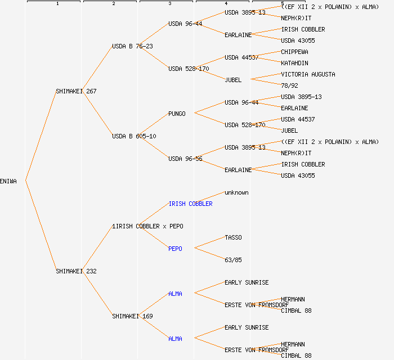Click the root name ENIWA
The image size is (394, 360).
tap(8, 181)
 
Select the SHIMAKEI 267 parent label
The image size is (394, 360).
tap(76, 91)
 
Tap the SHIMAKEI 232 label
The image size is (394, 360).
tap(76, 271)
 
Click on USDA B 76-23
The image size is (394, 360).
tap(132, 46)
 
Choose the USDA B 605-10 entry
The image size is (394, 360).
tap(134, 136)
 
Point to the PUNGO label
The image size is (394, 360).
tap(177, 114)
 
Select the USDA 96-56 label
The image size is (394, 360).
tap(185, 159)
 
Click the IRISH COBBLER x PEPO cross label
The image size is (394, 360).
tap(148, 226)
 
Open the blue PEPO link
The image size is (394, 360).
tap(175, 249)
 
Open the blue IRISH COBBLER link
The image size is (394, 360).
tap(191, 204)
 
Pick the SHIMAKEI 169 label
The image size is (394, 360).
tap(132, 316)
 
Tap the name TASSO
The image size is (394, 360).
tap(233, 237)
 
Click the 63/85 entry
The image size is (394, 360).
tap(233, 260)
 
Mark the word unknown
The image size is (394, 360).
tap(236, 192)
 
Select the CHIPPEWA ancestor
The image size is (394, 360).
tap(294, 52)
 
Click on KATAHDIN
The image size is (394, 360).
tap(294, 63)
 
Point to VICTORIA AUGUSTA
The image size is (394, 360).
tap(308, 74)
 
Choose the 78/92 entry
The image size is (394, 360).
tap(289, 85)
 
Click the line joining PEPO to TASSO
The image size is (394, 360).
tap(209, 243)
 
